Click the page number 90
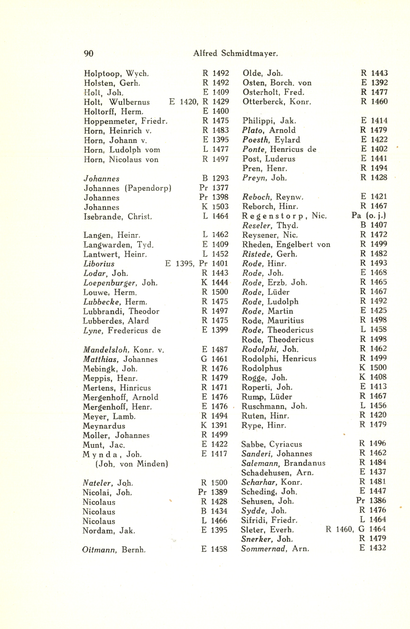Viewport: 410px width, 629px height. point(89,54)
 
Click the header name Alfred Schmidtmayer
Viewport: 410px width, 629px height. point(235,53)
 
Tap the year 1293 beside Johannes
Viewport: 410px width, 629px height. point(220,178)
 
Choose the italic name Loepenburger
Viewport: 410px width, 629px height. point(110,283)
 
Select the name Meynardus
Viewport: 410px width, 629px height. point(104,426)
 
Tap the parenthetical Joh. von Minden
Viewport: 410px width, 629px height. point(132,464)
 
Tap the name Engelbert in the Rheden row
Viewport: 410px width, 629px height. point(295,245)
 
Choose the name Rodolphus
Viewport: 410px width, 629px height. point(261,368)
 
